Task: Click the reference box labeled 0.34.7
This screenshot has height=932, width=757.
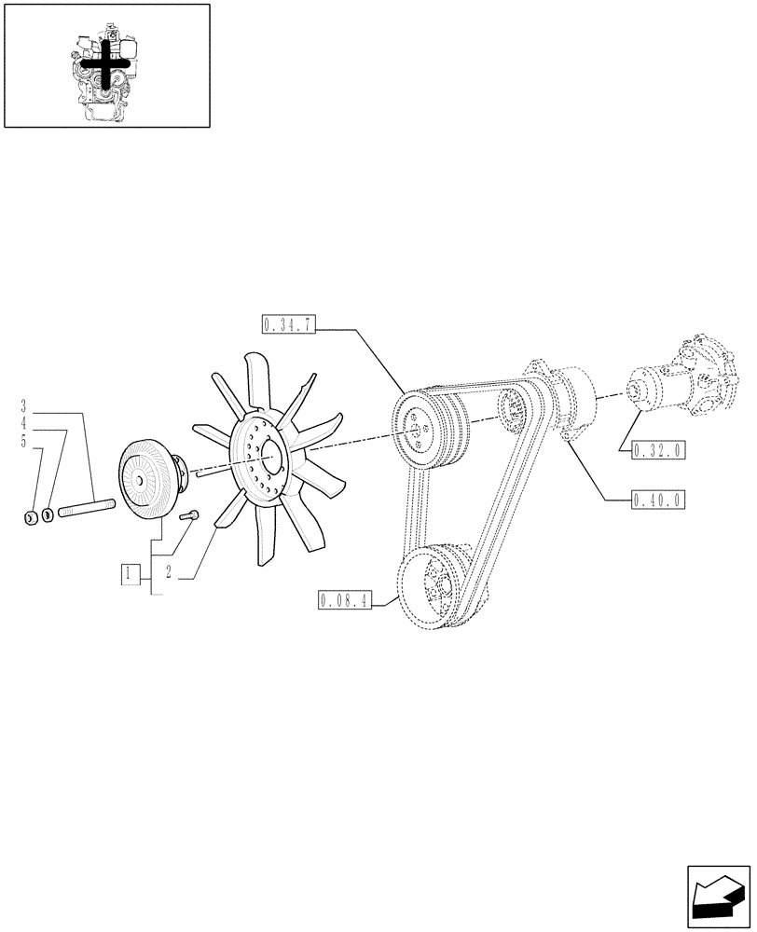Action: point(291,324)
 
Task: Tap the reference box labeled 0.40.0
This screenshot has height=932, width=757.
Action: point(658,500)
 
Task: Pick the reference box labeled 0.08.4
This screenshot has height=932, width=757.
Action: point(345,600)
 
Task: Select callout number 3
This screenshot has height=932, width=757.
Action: point(23,406)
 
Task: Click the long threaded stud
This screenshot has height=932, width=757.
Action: point(86,509)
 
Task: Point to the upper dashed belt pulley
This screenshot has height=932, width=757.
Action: point(415,429)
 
